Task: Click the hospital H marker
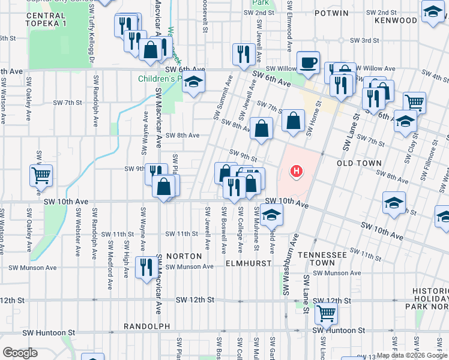coord(295,172)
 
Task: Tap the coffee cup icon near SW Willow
coord(308,62)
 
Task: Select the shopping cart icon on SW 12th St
coord(326,313)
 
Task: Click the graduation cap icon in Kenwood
coord(433,12)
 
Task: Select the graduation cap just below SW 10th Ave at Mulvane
coord(271,214)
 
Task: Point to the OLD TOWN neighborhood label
coord(359,163)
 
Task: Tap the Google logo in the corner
coord(20,352)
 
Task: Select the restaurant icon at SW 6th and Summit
coord(243,55)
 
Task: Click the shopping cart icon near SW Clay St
coord(414,102)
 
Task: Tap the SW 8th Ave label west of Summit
coord(182,136)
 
